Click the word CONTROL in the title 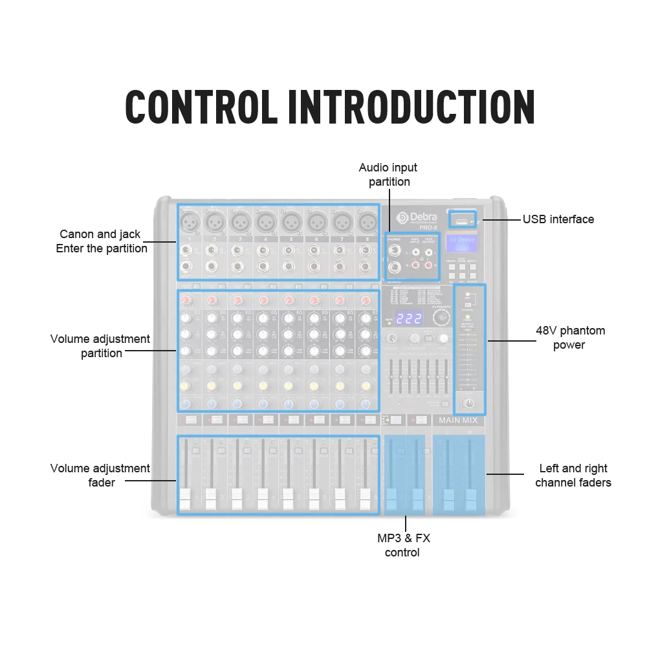point(200,107)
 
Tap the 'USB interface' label point(558,219)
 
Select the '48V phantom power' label point(570,338)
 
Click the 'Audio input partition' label point(388,175)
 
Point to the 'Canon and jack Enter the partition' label point(101,241)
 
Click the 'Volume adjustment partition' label point(100,346)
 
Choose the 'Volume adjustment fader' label point(100,476)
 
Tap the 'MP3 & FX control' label point(403,545)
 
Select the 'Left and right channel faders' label point(573,476)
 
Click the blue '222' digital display point(409,318)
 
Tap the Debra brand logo point(417,218)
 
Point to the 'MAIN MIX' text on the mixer point(458,421)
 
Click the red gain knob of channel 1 point(188,301)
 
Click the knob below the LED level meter point(469,404)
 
